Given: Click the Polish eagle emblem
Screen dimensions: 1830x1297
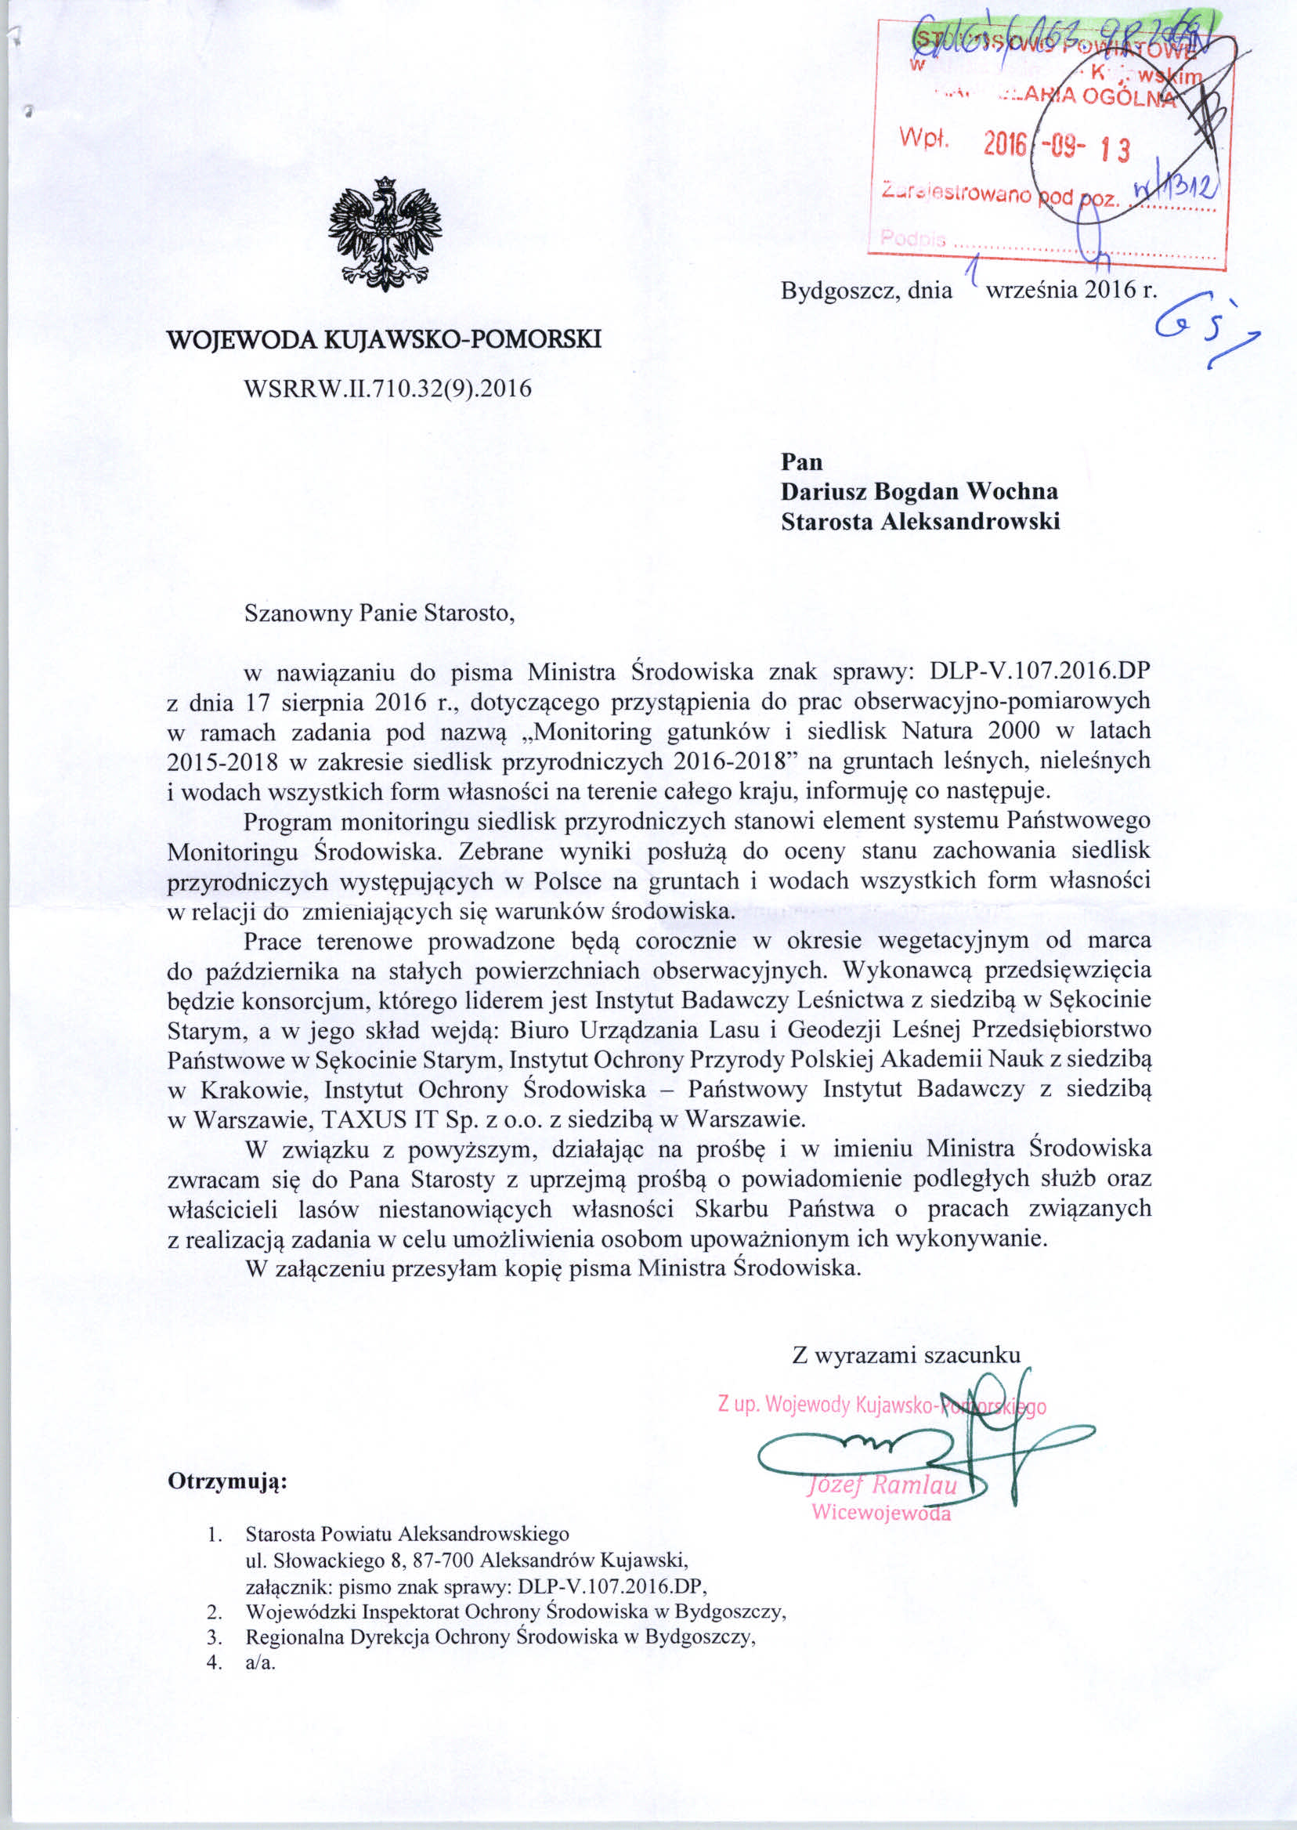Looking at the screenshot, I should (384, 234).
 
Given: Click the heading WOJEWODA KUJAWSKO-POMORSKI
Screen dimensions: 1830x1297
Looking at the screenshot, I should (383, 339).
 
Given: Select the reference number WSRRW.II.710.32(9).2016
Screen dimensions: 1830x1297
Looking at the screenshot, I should (388, 389).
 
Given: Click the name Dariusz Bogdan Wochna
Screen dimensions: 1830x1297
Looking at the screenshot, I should (919, 491).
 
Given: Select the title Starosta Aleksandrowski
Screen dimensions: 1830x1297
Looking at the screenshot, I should (920, 522).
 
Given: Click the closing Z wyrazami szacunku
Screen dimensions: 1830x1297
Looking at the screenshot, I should (905, 1354).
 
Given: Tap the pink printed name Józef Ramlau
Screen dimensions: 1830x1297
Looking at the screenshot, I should (883, 1485).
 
